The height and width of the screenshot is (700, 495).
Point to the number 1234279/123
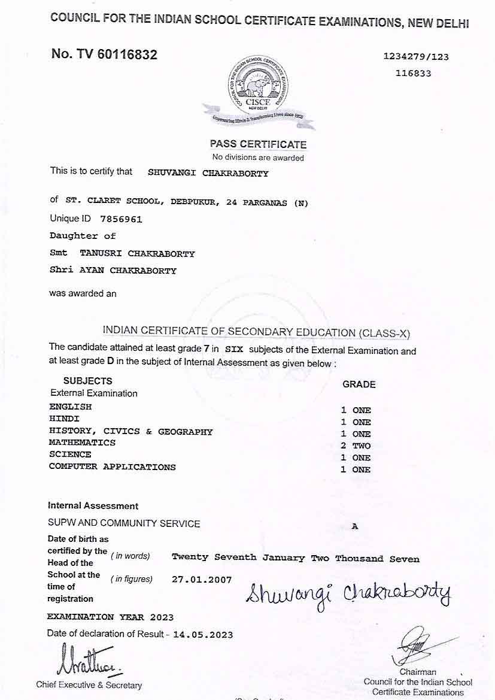tap(416, 57)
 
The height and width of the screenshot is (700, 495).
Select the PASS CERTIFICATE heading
tap(258, 144)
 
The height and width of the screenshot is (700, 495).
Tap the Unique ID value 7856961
tap(122, 219)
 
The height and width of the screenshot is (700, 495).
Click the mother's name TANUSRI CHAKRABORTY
tap(137, 253)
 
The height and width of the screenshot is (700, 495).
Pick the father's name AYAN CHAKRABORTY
tap(127, 271)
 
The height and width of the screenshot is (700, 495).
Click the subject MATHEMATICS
tap(82, 443)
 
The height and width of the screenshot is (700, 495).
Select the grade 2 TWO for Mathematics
tap(356, 446)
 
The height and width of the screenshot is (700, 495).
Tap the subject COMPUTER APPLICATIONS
tap(113, 466)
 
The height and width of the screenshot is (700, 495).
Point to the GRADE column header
tap(359, 384)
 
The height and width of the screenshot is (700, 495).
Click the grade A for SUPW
tap(355, 526)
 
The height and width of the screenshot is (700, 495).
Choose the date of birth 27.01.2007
tap(202, 580)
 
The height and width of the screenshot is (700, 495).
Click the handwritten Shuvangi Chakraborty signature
tap(347, 594)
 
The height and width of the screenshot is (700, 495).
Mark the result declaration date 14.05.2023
tap(203, 635)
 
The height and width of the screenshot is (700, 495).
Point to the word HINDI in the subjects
tap(64, 419)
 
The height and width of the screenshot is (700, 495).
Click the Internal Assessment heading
tap(93, 506)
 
